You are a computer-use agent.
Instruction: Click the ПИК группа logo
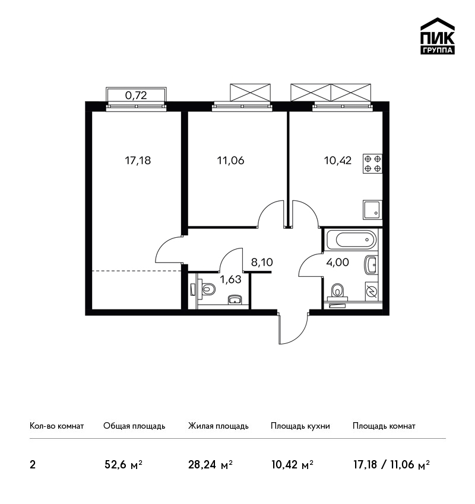438,36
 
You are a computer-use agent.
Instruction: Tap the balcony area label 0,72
136,95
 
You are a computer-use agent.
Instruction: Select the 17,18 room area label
138,160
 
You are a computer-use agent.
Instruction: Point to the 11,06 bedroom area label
230,160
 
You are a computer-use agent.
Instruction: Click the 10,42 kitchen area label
338,160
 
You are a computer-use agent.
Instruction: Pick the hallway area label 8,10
262,262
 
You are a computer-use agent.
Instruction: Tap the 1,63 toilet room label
230,279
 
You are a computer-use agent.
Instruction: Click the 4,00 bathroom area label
338,262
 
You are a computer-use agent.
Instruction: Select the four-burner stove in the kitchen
373,164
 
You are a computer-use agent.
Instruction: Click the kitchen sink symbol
373,210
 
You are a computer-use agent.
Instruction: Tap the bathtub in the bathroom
351,240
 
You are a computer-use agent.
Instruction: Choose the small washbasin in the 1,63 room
235,300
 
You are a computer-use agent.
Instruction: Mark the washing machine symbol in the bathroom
372,292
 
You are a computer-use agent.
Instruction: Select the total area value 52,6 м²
123,465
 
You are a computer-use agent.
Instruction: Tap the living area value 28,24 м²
210,465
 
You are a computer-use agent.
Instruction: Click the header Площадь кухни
300,426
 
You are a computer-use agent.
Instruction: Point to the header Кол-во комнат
56,426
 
